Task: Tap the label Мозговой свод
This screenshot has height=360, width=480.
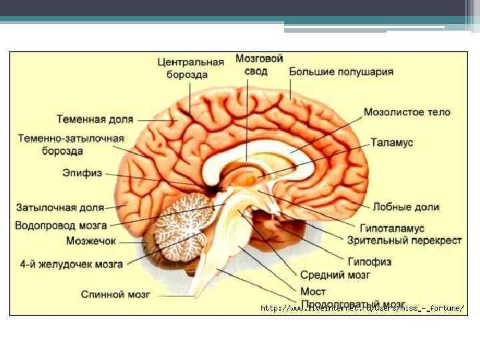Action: click(260, 64)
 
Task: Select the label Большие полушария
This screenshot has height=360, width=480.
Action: click(341, 71)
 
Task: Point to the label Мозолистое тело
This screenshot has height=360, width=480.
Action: click(407, 112)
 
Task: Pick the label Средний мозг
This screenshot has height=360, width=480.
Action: click(335, 274)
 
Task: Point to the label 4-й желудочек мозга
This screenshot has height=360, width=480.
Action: click(71, 264)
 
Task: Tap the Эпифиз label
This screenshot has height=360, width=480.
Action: click(83, 173)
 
